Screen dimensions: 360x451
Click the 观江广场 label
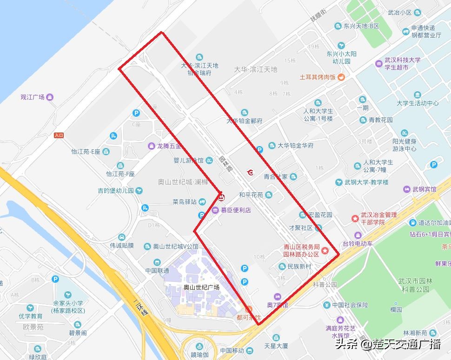click(33, 97)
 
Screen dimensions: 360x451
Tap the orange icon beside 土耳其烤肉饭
click(341, 77)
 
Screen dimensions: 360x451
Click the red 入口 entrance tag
click(59, 135)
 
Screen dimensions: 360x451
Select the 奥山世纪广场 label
click(201, 287)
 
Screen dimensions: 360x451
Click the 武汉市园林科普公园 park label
click(415, 285)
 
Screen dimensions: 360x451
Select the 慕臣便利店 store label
click(235, 210)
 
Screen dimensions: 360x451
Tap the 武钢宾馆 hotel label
click(424, 189)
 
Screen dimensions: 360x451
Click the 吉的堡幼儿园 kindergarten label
click(115, 191)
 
